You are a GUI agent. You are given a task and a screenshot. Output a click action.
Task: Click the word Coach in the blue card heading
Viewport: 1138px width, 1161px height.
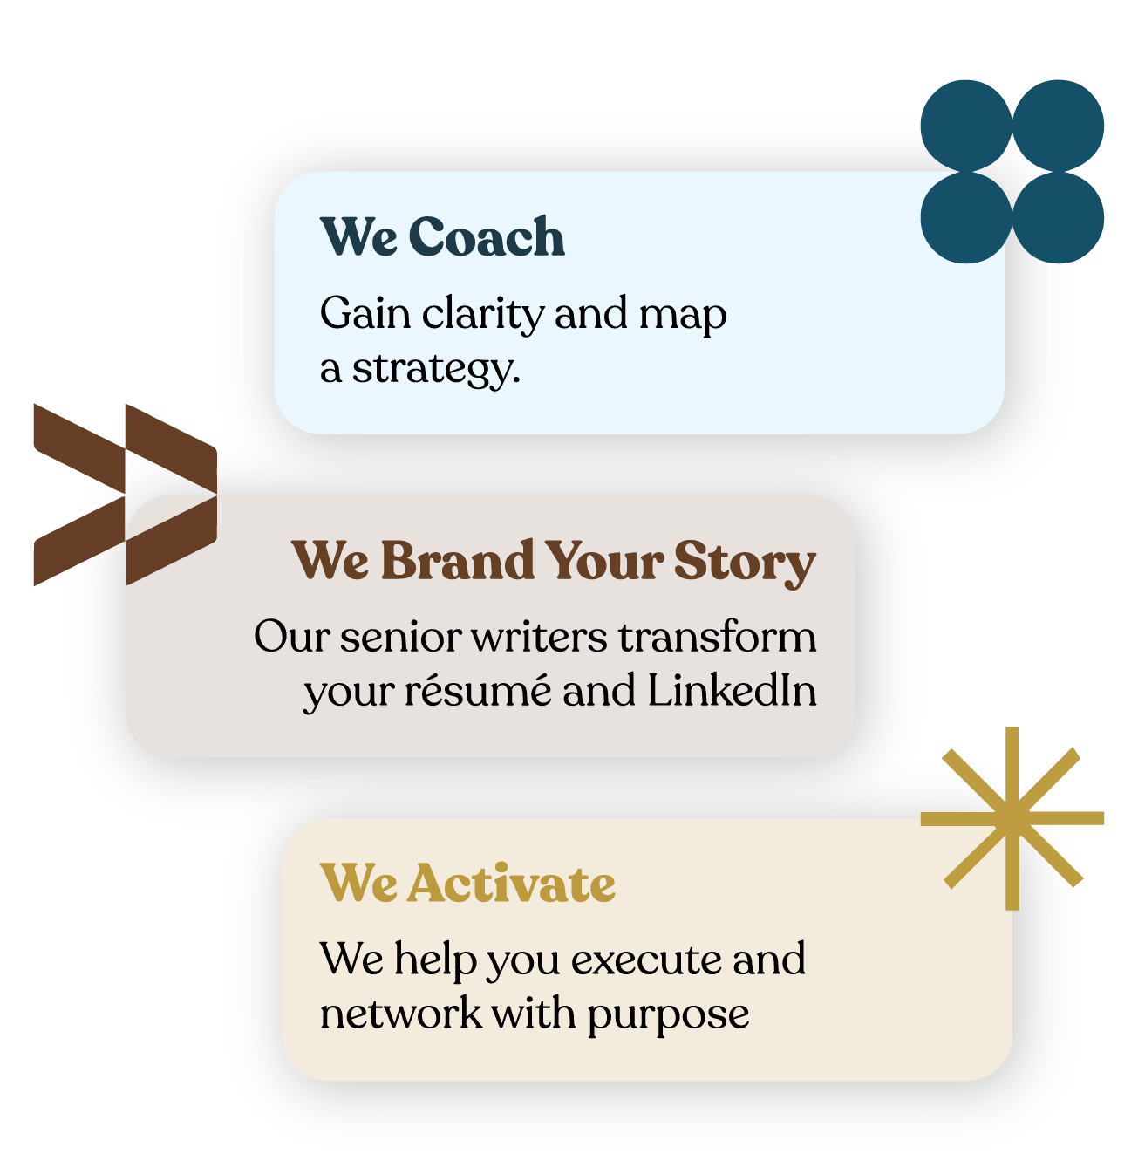point(487,236)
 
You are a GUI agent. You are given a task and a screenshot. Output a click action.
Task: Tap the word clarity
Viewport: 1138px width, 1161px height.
point(482,316)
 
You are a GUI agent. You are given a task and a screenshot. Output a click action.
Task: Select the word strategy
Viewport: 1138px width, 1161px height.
point(435,369)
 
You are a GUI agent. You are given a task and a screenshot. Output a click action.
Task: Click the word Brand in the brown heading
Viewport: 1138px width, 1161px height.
point(458,560)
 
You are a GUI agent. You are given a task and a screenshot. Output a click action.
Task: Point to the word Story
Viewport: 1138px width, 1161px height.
point(745,563)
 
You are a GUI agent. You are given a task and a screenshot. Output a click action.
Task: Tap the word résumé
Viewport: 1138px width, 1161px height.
point(478,689)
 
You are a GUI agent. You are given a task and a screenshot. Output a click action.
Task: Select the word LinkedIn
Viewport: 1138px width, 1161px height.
point(732,689)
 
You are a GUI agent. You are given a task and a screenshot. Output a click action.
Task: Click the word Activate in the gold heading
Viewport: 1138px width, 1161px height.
point(512,884)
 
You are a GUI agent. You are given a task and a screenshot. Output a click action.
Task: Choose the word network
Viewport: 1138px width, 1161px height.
point(400,1013)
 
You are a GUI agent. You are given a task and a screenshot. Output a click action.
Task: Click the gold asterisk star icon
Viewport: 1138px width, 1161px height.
point(1012,818)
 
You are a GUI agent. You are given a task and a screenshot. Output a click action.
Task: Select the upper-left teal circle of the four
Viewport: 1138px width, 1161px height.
point(966,126)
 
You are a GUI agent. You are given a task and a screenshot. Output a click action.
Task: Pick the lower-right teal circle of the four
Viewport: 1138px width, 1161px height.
point(1058,217)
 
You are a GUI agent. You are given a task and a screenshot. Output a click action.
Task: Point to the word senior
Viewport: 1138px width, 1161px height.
point(400,638)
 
